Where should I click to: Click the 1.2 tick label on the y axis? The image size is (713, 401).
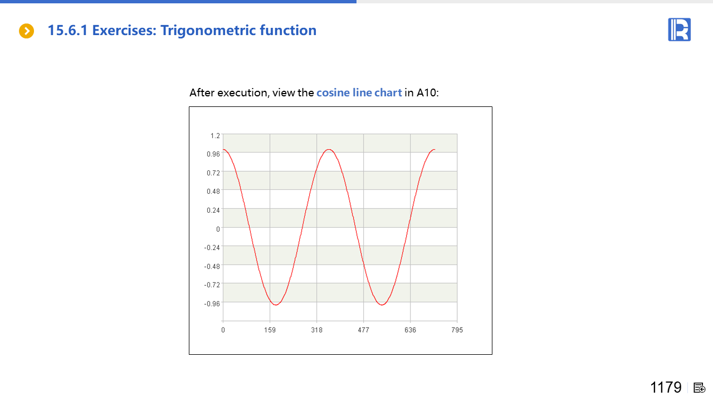click(215, 136)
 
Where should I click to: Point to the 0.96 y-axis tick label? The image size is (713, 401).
click(213, 154)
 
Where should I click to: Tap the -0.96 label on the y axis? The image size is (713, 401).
click(212, 304)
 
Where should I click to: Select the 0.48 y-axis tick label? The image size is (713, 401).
click(213, 192)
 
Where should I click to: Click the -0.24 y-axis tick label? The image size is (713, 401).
click(212, 248)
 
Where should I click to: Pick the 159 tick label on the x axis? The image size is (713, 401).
click(270, 330)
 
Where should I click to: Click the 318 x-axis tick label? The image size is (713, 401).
click(317, 330)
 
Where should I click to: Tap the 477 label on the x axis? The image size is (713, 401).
click(364, 330)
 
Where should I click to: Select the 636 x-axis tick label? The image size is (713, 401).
click(411, 330)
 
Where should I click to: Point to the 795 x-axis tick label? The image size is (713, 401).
click(457, 330)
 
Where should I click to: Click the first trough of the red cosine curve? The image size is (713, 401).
click(276, 305)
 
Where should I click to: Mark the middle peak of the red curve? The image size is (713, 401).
click(329, 149)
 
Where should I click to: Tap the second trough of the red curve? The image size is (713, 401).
click(382, 305)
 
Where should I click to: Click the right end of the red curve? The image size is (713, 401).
click(435, 150)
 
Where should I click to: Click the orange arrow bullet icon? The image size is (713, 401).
click(26, 31)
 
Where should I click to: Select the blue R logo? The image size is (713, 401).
click(679, 30)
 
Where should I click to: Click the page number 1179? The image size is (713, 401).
click(666, 387)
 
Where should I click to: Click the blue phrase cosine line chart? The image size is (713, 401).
click(359, 92)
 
